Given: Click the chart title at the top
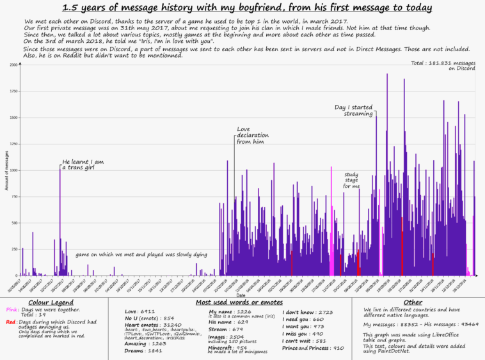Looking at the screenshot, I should (247, 8).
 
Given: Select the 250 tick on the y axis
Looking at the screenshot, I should (14, 250).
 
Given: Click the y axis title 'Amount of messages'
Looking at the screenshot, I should (6, 171).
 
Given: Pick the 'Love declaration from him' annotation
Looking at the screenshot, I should (253, 136).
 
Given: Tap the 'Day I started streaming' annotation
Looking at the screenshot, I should (353, 110).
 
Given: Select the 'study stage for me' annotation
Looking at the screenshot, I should (351, 180).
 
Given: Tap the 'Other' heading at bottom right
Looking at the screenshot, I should (413, 302).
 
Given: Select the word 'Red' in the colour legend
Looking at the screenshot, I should (11, 322).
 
